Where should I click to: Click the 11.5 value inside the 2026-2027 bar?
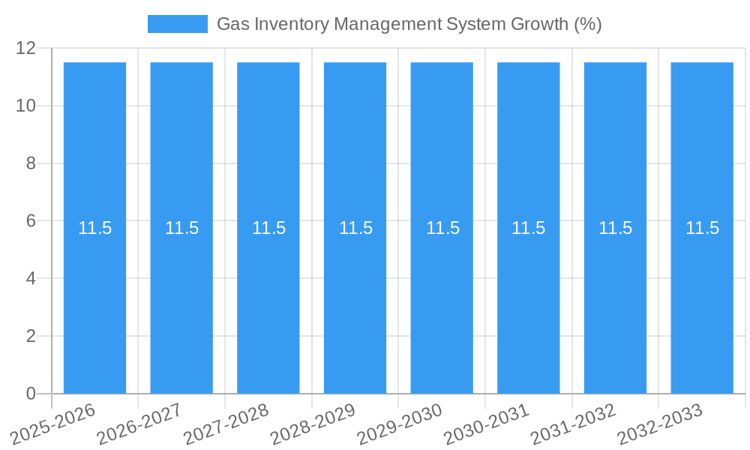coord(181,228)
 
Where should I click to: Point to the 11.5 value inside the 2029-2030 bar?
coord(442,228)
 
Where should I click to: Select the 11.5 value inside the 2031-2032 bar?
coord(615,228)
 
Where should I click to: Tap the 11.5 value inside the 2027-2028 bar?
coord(268,228)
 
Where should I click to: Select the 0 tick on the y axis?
coord(31,394)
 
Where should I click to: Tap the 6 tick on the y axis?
coord(31,221)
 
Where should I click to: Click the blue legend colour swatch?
coord(177,24)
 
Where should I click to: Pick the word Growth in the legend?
coord(539,24)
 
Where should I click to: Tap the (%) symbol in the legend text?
coord(588,24)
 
